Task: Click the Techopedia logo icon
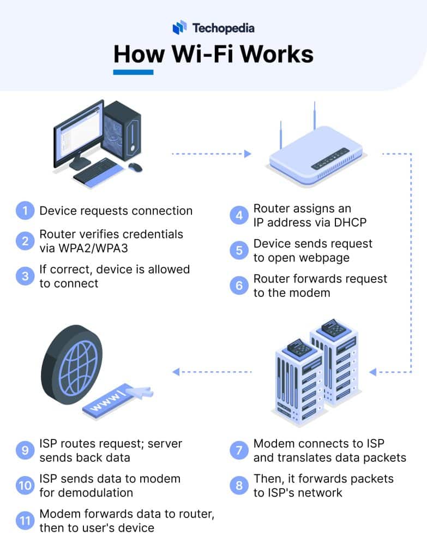pyautogui.click(x=179, y=27)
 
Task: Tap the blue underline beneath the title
pyautogui.click(x=133, y=72)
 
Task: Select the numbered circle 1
pyautogui.click(x=25, y=211)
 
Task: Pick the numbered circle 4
pyautogui.click(x=239, y=216)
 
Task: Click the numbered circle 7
pyautogui.click(x=239, y=450)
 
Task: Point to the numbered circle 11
pyautogui.click(x=25, y=520)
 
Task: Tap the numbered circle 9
pyautogui.click(x=25, y=450)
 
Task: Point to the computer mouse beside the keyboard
pyautogui.click(x=135, y=166)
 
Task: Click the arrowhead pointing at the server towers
pyautogui.click(x=373, y=372)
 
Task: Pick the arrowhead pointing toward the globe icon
pyautogui.click(x=176, y=372)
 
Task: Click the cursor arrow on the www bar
pyautogui.click(x=141, y=391)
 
